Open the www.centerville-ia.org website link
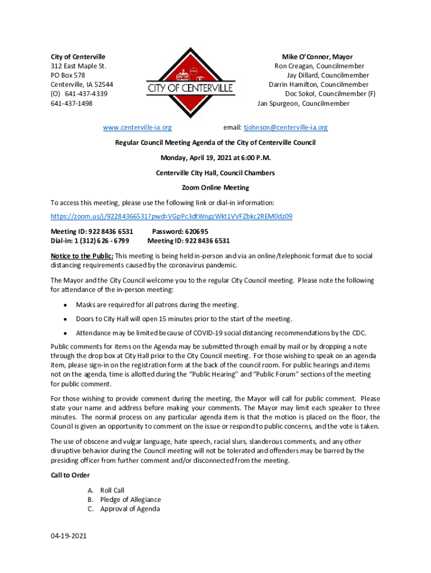[137, 128]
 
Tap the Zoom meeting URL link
[171, 216]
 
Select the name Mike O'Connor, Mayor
[317, 57]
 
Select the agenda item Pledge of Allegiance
[130, 500]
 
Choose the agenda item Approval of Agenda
[130, 509]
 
